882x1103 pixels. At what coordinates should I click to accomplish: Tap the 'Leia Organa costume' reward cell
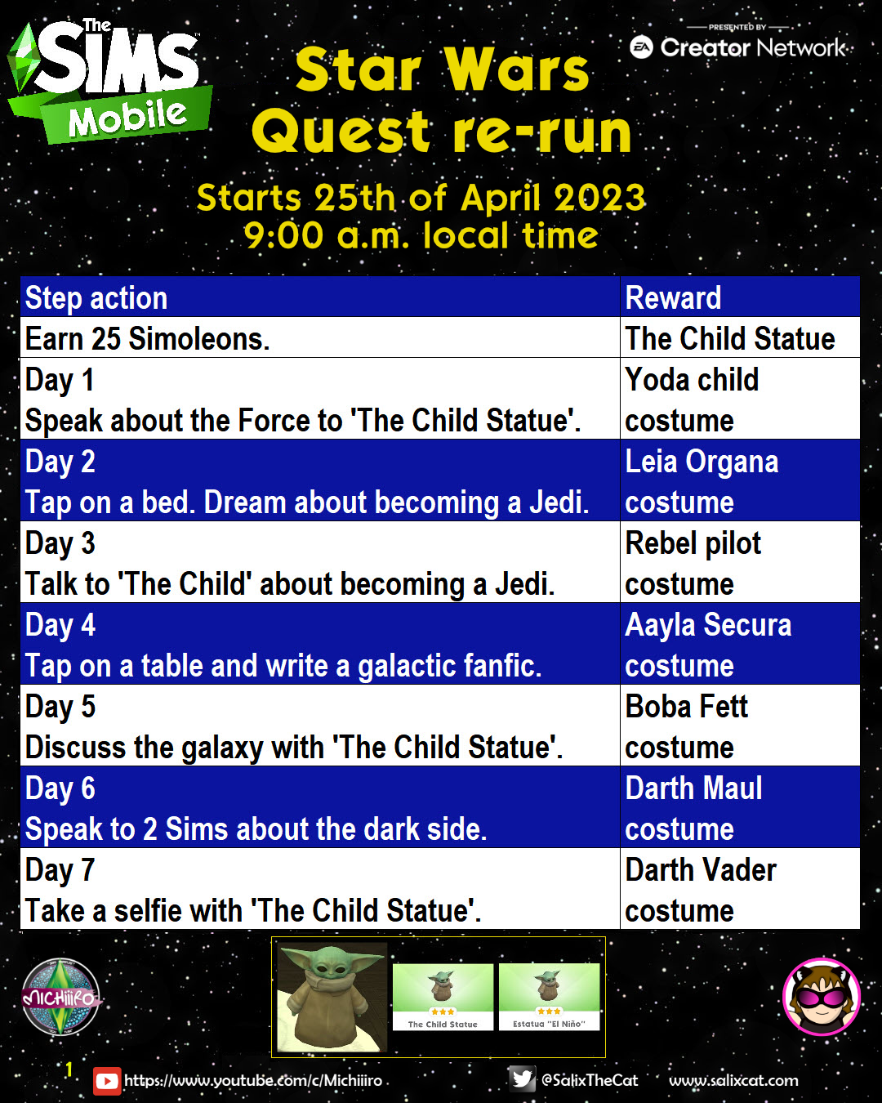click(x=740, y=480)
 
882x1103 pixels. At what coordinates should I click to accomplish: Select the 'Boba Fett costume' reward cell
click(x=740, y=726)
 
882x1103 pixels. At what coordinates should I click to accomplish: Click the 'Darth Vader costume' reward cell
click(x=740, y=889)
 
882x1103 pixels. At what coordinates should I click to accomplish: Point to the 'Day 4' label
click(x=60, y=625)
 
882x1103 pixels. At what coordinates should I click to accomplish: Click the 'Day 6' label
click(x=60, y=788)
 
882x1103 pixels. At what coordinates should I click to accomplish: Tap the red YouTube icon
click(x=107, y=1081)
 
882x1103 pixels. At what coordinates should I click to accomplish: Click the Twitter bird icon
click(x=522, y=1079)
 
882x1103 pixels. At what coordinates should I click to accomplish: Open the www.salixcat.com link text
click(x=733, y=1080)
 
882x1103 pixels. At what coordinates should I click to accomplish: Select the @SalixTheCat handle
click(x=590, y=1080)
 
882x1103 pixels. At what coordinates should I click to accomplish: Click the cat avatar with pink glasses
click(x=822, y=997)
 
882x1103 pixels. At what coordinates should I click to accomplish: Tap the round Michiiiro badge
click(x=60, y=997)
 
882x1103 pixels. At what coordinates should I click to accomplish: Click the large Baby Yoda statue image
click(x=332, y=998)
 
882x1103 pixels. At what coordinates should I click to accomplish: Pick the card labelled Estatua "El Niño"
click(x=549, y=997)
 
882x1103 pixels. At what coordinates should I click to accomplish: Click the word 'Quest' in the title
click(x=341, y=132)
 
